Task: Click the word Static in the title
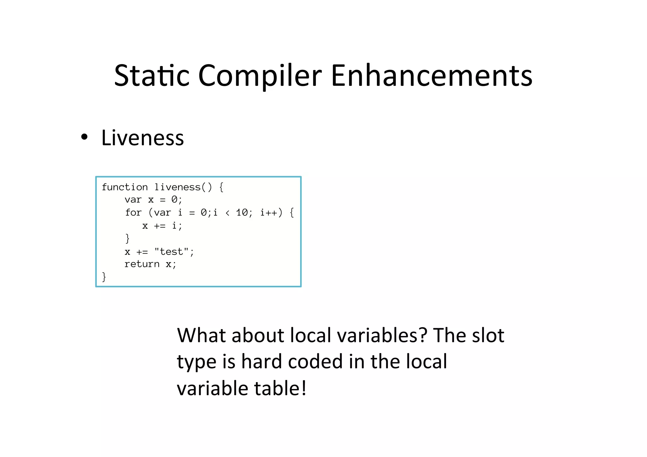point(152,75)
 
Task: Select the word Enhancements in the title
point(432,75)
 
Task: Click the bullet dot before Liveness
point(84,137)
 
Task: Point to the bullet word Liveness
point(142,138)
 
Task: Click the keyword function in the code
point(124,187)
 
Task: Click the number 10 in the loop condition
point(242,213)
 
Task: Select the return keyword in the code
point(142,264)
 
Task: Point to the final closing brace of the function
point(104,277)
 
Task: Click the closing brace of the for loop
point(127,238)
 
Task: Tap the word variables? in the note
point(382,335)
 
